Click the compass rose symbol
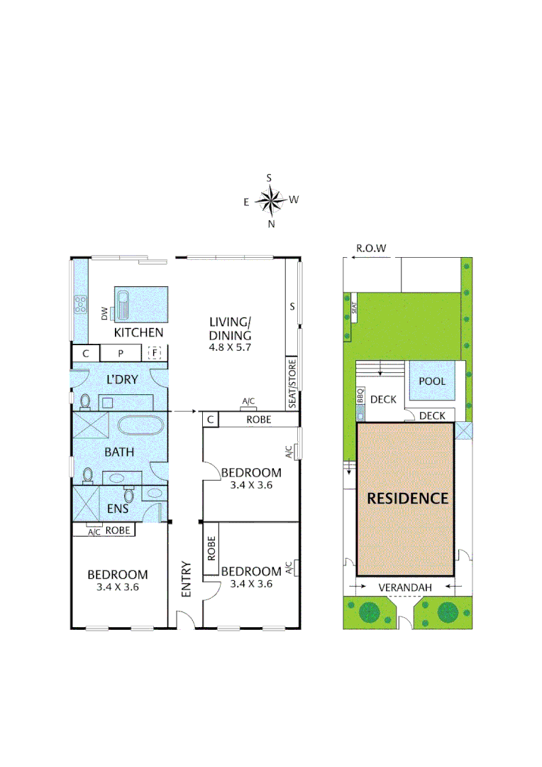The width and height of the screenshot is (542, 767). pyautogui.click(x=270, y=200)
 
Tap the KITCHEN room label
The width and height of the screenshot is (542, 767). pyautogui.click(x=139, y=332)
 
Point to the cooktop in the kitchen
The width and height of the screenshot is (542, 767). pyautogui.click(x=79, y=305)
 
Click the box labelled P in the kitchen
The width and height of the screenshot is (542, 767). pyautogui.click(x=121, y=353)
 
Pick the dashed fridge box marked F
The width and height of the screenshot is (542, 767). pyautogui.click(x=154, y=353)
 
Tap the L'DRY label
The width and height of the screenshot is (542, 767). pyautogui.click(x=122, y=379)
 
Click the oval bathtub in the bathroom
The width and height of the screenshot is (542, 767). pyautogui.click(x=140, y=426)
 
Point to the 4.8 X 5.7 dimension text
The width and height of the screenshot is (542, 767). pyautogui.click(x=231, y=348)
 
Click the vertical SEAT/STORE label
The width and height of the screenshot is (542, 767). pyautogui.click(x=292, y=384)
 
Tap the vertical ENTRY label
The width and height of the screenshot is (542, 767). pyautogui.click(x=186, y=580)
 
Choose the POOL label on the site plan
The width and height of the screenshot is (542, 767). pyautogui.click(x=432, y=381)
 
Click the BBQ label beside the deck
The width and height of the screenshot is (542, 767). pyautogui.click(x=360, y=396)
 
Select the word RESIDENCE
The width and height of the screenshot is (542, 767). pyautogui.click(x=407, y=499)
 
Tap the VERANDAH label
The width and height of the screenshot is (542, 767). pyautogui.click(x=404, y=587)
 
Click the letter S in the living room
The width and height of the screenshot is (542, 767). pyautogui.click(x=291, y=307)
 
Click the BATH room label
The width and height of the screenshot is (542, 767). pyautogui.click(x=119, y=452)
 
